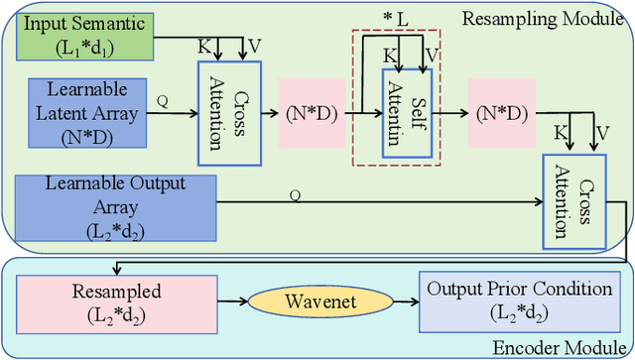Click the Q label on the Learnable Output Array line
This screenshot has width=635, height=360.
(295, 195)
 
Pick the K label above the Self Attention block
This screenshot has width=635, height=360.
(387, 57)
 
